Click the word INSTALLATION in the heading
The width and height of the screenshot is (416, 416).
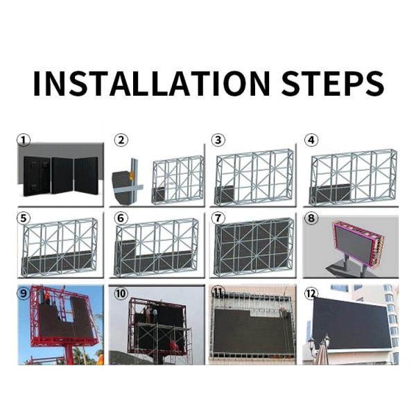tap(151, 84)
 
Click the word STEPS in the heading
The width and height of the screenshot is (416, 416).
tap(332, 84)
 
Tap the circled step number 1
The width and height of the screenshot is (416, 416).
tap(24, 140)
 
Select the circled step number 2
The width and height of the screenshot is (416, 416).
tap(121, 140)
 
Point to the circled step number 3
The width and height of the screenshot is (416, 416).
tap(218, 140)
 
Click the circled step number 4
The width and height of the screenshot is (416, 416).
tap(311, 140)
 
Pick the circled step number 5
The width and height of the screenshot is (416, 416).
tap(24, 218)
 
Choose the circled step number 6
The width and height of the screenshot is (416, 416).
tap(121, 218)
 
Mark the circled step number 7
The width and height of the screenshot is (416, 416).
tap(218, 218)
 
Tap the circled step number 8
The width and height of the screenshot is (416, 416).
tap(311, 218)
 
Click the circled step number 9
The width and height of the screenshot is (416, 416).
tap(24, 293)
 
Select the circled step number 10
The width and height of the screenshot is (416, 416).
tap(121, 293)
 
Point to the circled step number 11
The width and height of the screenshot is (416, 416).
tap(218, 293)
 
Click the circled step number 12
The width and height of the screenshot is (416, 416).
tap(311, 293)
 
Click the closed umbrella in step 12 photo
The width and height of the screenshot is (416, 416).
tap(321, 352)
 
